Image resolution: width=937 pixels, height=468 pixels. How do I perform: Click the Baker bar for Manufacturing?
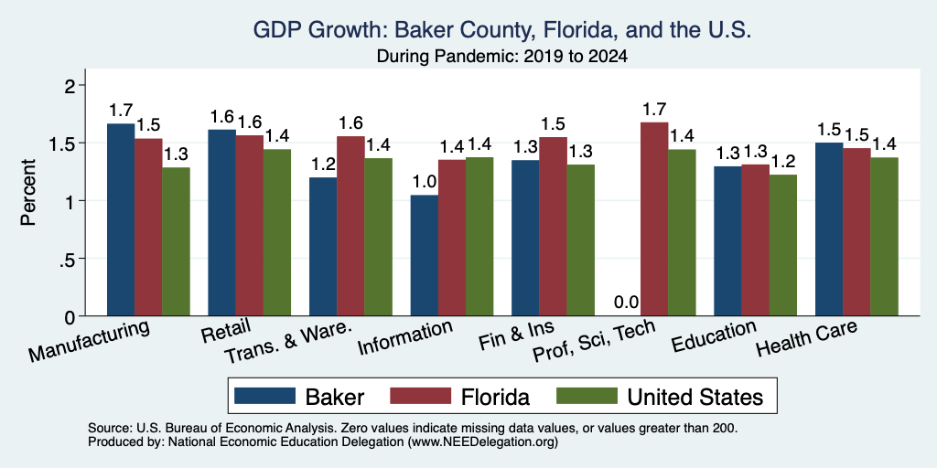pyautogui.click(x=121, y=219)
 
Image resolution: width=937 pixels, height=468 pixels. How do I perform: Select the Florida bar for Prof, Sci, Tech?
pyautogui.click(x=653, y=219)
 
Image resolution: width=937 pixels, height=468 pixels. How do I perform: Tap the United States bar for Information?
pyautogui.click(x=479, y=237)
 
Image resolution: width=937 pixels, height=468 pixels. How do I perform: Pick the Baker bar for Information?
pyautogui.click(x=425, y=256)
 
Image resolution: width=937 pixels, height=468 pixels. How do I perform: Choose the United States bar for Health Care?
pyautogui.click(x=885, y=237)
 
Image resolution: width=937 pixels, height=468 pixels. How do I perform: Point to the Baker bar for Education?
pyautogui.click(x=727, y=241)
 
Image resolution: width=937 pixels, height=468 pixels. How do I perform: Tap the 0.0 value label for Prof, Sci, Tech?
pyautogui.click(x=626, y=302)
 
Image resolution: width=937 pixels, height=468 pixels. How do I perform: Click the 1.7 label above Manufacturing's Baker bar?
pyautogui.click(x=121, y=111)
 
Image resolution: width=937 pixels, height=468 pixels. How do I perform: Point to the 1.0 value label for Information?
pyautogui.click(x=425, y=182)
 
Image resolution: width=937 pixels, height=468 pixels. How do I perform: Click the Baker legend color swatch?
pyautogui.click(x=264, y=396)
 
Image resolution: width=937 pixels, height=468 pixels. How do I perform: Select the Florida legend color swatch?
pyautogui.click(x=420, y=396)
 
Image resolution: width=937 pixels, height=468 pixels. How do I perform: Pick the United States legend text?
pyautogui.click(x=695, y=397)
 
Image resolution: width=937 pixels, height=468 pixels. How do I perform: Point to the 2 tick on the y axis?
pyautogui.click(x=72, y=86)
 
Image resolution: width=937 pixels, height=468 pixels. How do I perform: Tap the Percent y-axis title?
pyautogui.click(x=27, y=192)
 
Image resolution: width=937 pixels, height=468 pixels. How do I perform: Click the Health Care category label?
pyautogui.click(x=807, y=338)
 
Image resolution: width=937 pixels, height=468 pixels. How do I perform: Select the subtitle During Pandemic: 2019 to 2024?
pyautogui.click(x=502, y=57)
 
